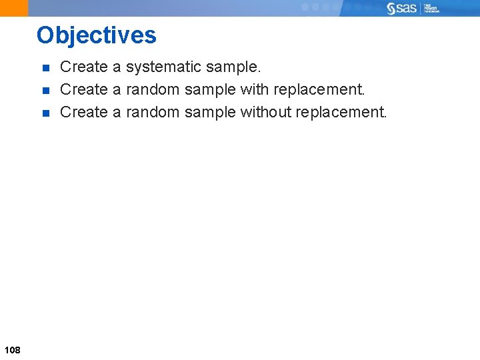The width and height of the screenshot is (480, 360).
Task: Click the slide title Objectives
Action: pos(97,35)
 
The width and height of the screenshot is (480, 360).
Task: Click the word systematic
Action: pos(163,67)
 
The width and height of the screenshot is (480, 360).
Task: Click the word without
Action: pos(266,112)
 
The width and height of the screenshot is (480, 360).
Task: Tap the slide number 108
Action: pos(12,350)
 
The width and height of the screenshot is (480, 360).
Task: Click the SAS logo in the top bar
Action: pos(402,8)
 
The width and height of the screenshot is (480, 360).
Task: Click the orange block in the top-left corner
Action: pos(14,8)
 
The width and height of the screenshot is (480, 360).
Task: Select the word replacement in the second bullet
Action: pos(317,89)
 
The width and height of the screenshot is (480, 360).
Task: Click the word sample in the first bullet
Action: pos(233,67)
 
